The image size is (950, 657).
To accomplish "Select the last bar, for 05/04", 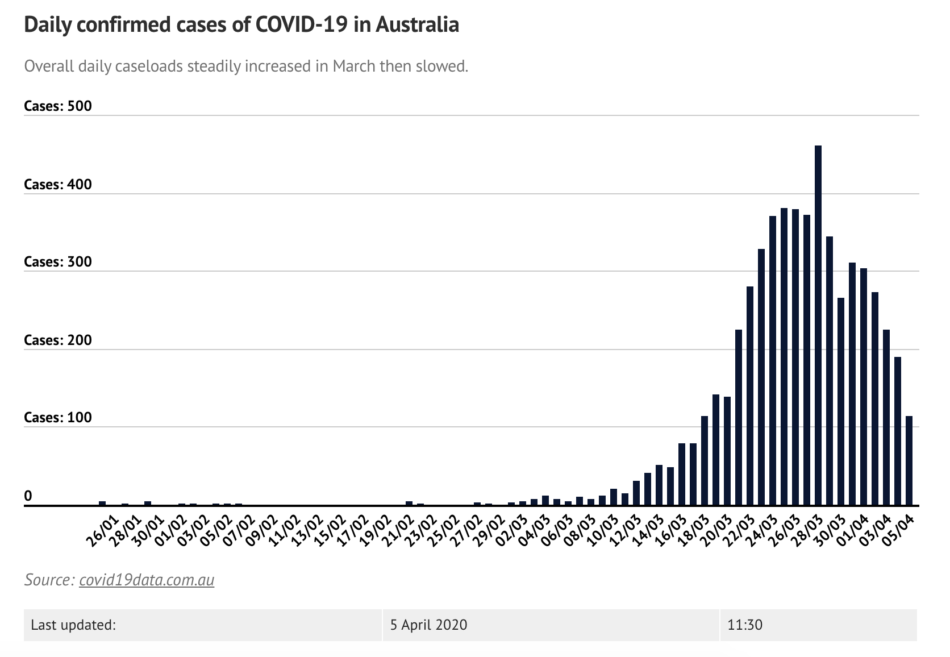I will click(x=909, y=460).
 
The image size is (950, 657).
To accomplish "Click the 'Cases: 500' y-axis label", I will click(x=57, y=106).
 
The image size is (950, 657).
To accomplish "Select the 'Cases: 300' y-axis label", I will click(x=57, y=262).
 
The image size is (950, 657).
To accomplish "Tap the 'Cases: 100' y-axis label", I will click(x=57, y=418).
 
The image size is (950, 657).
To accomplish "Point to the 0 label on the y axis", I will click(x=28, y=496).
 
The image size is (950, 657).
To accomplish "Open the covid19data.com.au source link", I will click(x=147, y=580).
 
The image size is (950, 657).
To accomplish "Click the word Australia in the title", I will click(x=417, y=24).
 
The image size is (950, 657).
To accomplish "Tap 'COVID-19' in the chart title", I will click(x=301, y=24).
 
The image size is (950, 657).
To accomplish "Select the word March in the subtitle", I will click(x=354, y=66).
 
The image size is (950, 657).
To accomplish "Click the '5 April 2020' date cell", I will click(x=428, y=625).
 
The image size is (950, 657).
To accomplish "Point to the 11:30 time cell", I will click(x=744, y=625).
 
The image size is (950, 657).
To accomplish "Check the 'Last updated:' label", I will click(x=73, y=625).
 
